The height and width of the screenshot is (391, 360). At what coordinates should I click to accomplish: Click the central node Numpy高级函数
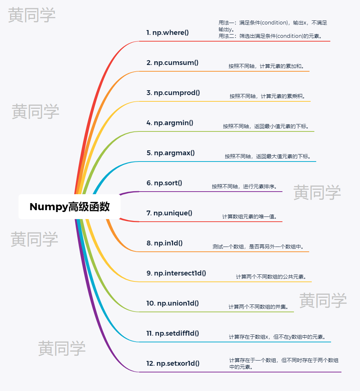[x=69, y=207]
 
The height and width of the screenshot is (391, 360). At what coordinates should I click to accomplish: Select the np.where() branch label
[x=167, y=33]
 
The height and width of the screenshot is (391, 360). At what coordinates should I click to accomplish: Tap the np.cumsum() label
[x=173, y=63]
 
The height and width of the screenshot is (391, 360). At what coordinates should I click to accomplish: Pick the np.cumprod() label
[x=173, y=93]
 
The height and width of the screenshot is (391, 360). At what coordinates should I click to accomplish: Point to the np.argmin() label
[x=170, y=123]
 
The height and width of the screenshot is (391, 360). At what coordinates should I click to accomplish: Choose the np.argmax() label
[x=171, y=153]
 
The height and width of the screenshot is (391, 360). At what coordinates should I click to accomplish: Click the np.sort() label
[x=164, y=183]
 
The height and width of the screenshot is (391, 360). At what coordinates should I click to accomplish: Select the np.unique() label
[x=169, y=213]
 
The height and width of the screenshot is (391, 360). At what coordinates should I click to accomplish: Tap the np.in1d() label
[x=165, y=243]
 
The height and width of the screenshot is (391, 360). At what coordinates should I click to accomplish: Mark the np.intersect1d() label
[x=176, y=273]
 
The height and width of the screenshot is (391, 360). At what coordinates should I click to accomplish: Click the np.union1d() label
[x=173, y=303]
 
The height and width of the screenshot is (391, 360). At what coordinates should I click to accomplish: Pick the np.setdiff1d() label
[x=173, y=333]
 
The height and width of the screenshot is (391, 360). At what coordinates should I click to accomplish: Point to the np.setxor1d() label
[x=173, y=364]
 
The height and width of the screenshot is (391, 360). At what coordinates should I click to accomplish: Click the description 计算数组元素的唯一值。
[x=249, y=216]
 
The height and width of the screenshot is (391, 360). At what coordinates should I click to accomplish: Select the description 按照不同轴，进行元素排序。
[x=245, y=186]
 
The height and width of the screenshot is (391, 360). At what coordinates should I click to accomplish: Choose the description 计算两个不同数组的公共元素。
[x=271, y=277]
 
